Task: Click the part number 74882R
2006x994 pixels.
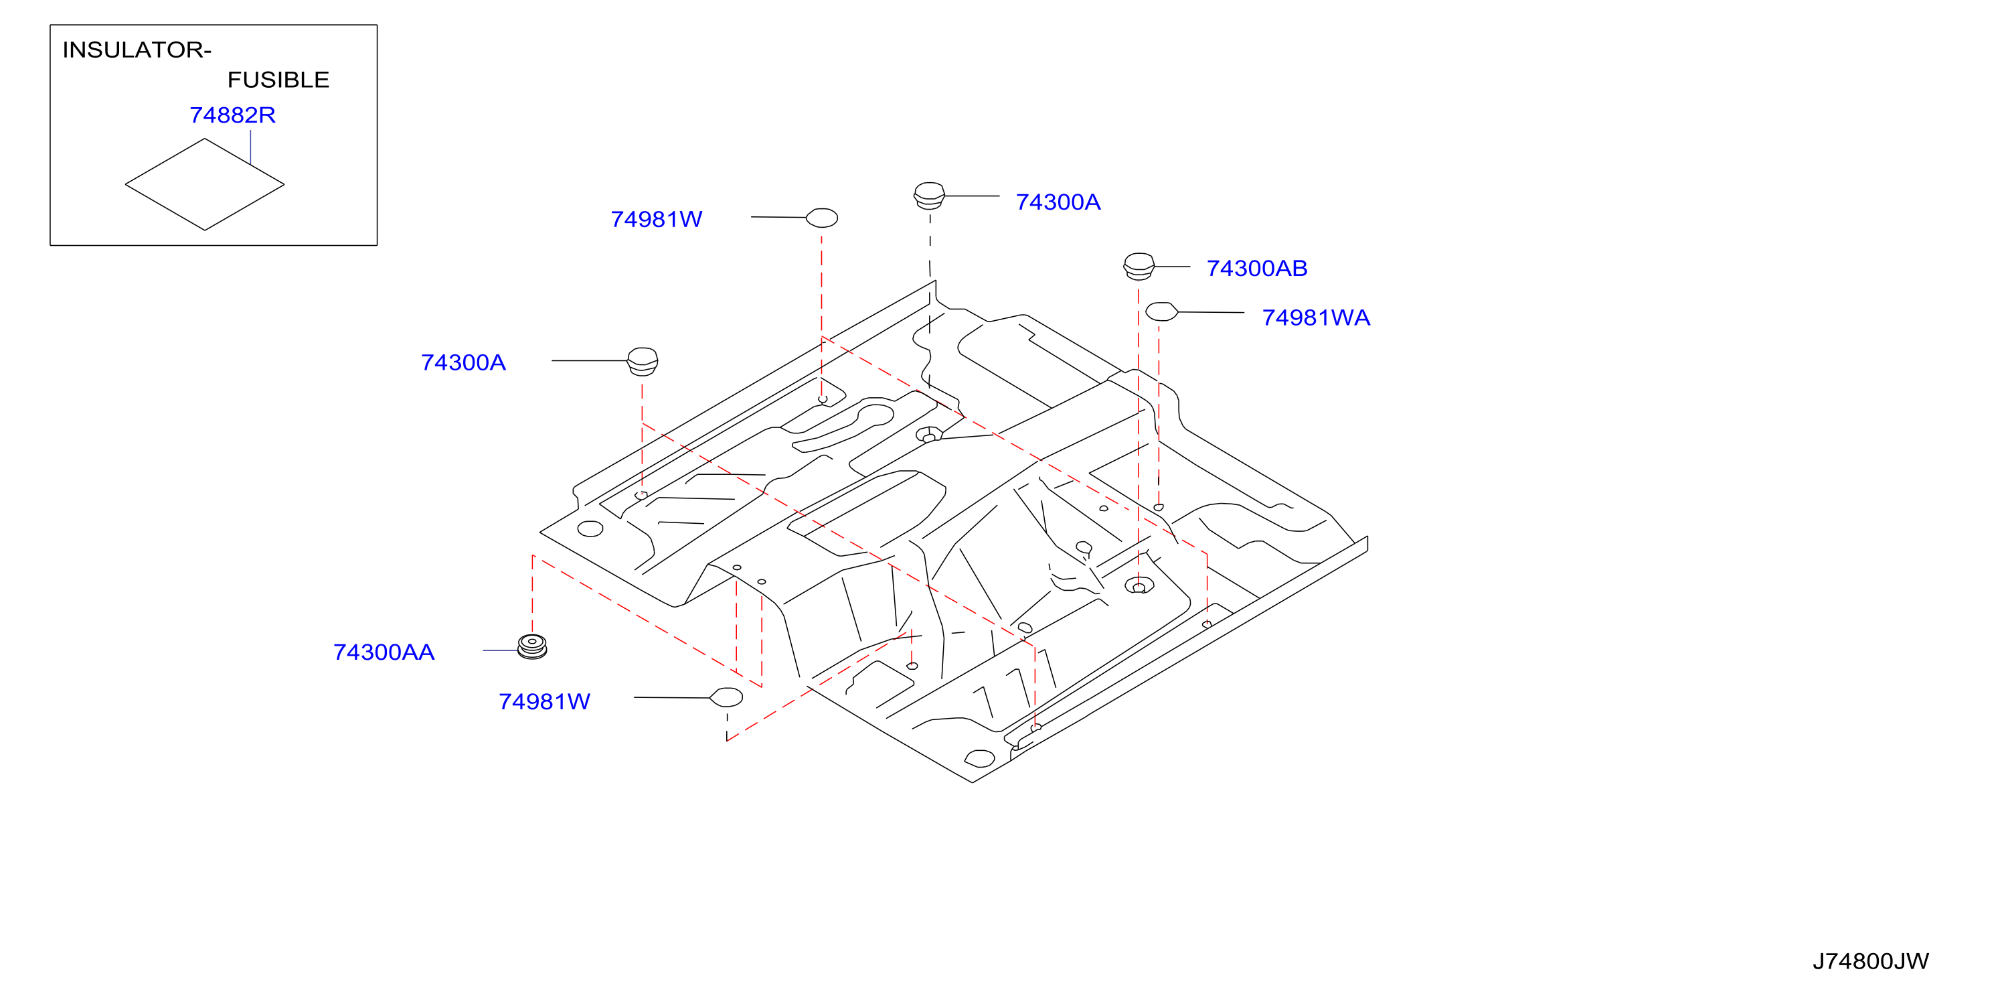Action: (232, 115)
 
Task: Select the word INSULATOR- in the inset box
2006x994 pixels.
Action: (137, 50)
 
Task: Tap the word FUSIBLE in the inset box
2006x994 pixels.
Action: (278, 80)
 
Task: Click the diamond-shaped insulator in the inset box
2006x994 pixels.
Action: (205, 185)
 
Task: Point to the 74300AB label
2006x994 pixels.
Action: (1256, 268)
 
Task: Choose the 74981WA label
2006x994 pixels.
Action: (1315, 318)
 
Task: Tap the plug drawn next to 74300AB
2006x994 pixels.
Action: (1139, 266)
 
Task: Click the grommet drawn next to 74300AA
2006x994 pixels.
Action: (533, 646)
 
